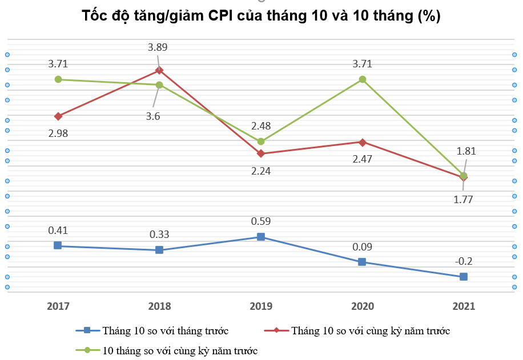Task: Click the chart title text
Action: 261,16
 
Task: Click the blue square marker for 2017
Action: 58,245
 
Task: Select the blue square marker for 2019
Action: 261,237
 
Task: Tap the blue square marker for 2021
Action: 464,277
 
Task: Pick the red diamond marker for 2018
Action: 159,70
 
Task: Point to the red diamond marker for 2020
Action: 362,142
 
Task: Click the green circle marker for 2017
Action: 58,79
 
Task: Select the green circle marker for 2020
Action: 362,79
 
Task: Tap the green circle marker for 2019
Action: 261,141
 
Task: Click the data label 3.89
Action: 158,48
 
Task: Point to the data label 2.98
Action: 58,134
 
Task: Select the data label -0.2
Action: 464,261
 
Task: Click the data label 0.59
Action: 261,221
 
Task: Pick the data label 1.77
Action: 464,199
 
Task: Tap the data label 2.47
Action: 362,159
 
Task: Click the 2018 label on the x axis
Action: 159,306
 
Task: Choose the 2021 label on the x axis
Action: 464,306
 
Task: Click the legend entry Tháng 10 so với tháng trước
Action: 165,330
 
